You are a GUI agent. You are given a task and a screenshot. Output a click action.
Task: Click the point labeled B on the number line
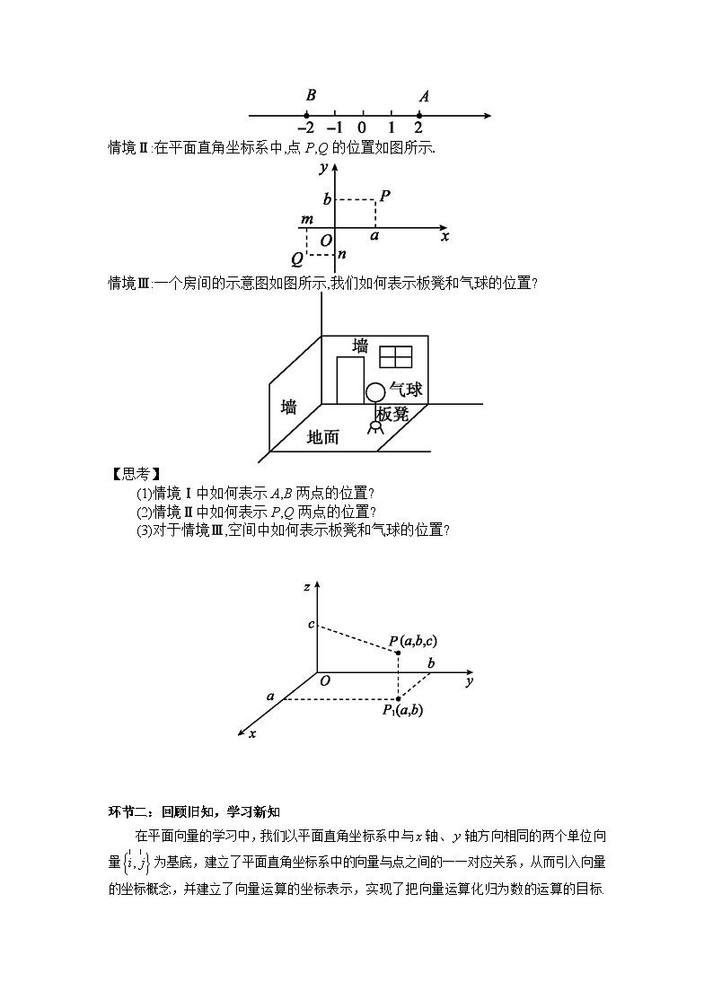click(x=306, y=115)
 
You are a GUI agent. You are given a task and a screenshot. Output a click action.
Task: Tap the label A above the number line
click(x=424, y=96)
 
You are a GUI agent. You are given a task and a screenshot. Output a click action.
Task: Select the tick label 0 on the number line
click(x=362, y=127)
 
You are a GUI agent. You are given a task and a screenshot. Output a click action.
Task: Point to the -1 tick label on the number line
click(x=334, y=127)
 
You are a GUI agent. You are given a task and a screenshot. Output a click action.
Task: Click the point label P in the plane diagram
click(x=384, y=195)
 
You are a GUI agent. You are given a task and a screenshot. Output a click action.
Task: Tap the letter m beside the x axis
click(x=307, y=220)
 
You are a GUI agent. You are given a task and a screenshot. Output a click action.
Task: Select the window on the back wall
click(x=395, y=356)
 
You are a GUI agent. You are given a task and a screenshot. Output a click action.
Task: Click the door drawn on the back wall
click(x=350, y=381)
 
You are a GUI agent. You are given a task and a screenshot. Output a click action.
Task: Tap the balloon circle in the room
click(x=375, y=392)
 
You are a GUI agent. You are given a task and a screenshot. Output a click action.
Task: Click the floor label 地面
click(x=323, y=437)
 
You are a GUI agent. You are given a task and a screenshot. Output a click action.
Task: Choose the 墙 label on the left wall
click(x=289, y=407)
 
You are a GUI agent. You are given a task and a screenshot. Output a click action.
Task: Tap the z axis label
click(x=307, y=587)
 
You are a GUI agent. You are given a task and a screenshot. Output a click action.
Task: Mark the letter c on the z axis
click(x=311, y=624)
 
